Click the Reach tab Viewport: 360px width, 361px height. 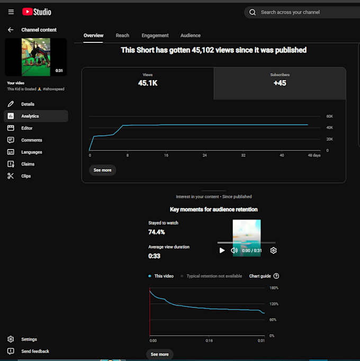[122, 36]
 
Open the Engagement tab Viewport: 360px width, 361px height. [155, 36]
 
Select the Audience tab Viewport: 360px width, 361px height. [191, 36]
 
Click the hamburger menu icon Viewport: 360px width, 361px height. [11, 12]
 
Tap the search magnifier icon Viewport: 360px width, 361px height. [253, 12]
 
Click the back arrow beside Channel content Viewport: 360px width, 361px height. [11, 30]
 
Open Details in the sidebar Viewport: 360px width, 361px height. [28, 104]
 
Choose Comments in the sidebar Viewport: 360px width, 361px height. [32, 140]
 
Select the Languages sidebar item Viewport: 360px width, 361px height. [32, 152]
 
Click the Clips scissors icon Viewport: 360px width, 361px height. [11, 176]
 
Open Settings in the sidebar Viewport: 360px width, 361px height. [29, 339]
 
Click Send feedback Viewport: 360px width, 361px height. [35, 351]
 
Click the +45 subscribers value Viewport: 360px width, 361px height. [280, 83]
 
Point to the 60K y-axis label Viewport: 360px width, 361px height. [329, 116]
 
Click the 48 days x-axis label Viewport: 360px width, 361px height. [314, 155]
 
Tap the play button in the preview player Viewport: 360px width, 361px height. [222, 250]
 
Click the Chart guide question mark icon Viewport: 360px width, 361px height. [276, 276]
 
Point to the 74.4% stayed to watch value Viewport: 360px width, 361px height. [157, 232]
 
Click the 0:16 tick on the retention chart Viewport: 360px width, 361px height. [209, 340]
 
